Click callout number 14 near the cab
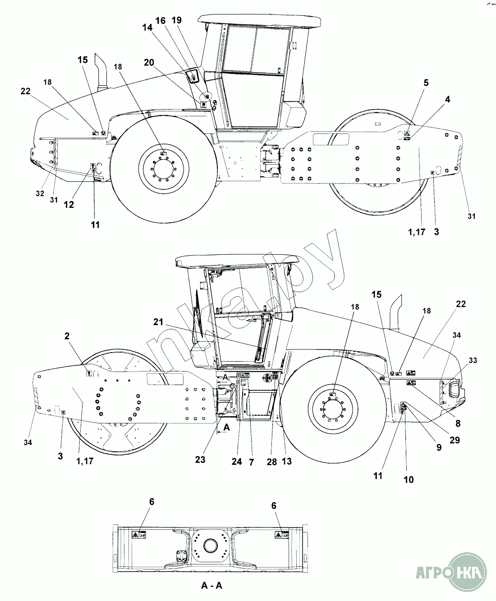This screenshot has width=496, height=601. [147, 28]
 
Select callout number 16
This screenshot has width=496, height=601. [161, 21]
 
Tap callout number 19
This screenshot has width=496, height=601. [177, 20]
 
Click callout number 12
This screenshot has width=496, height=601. [69, 204]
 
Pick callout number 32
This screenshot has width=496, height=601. [40, 193]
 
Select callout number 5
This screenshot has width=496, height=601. [426, 83]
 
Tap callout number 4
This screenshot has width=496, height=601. [447, 99]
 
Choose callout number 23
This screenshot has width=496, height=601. [200, 459]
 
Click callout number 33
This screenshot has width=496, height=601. [473, 360]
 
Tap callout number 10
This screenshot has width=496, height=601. [409, 480]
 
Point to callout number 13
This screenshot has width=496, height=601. [287, 461]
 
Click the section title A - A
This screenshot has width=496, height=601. [211, 586]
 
